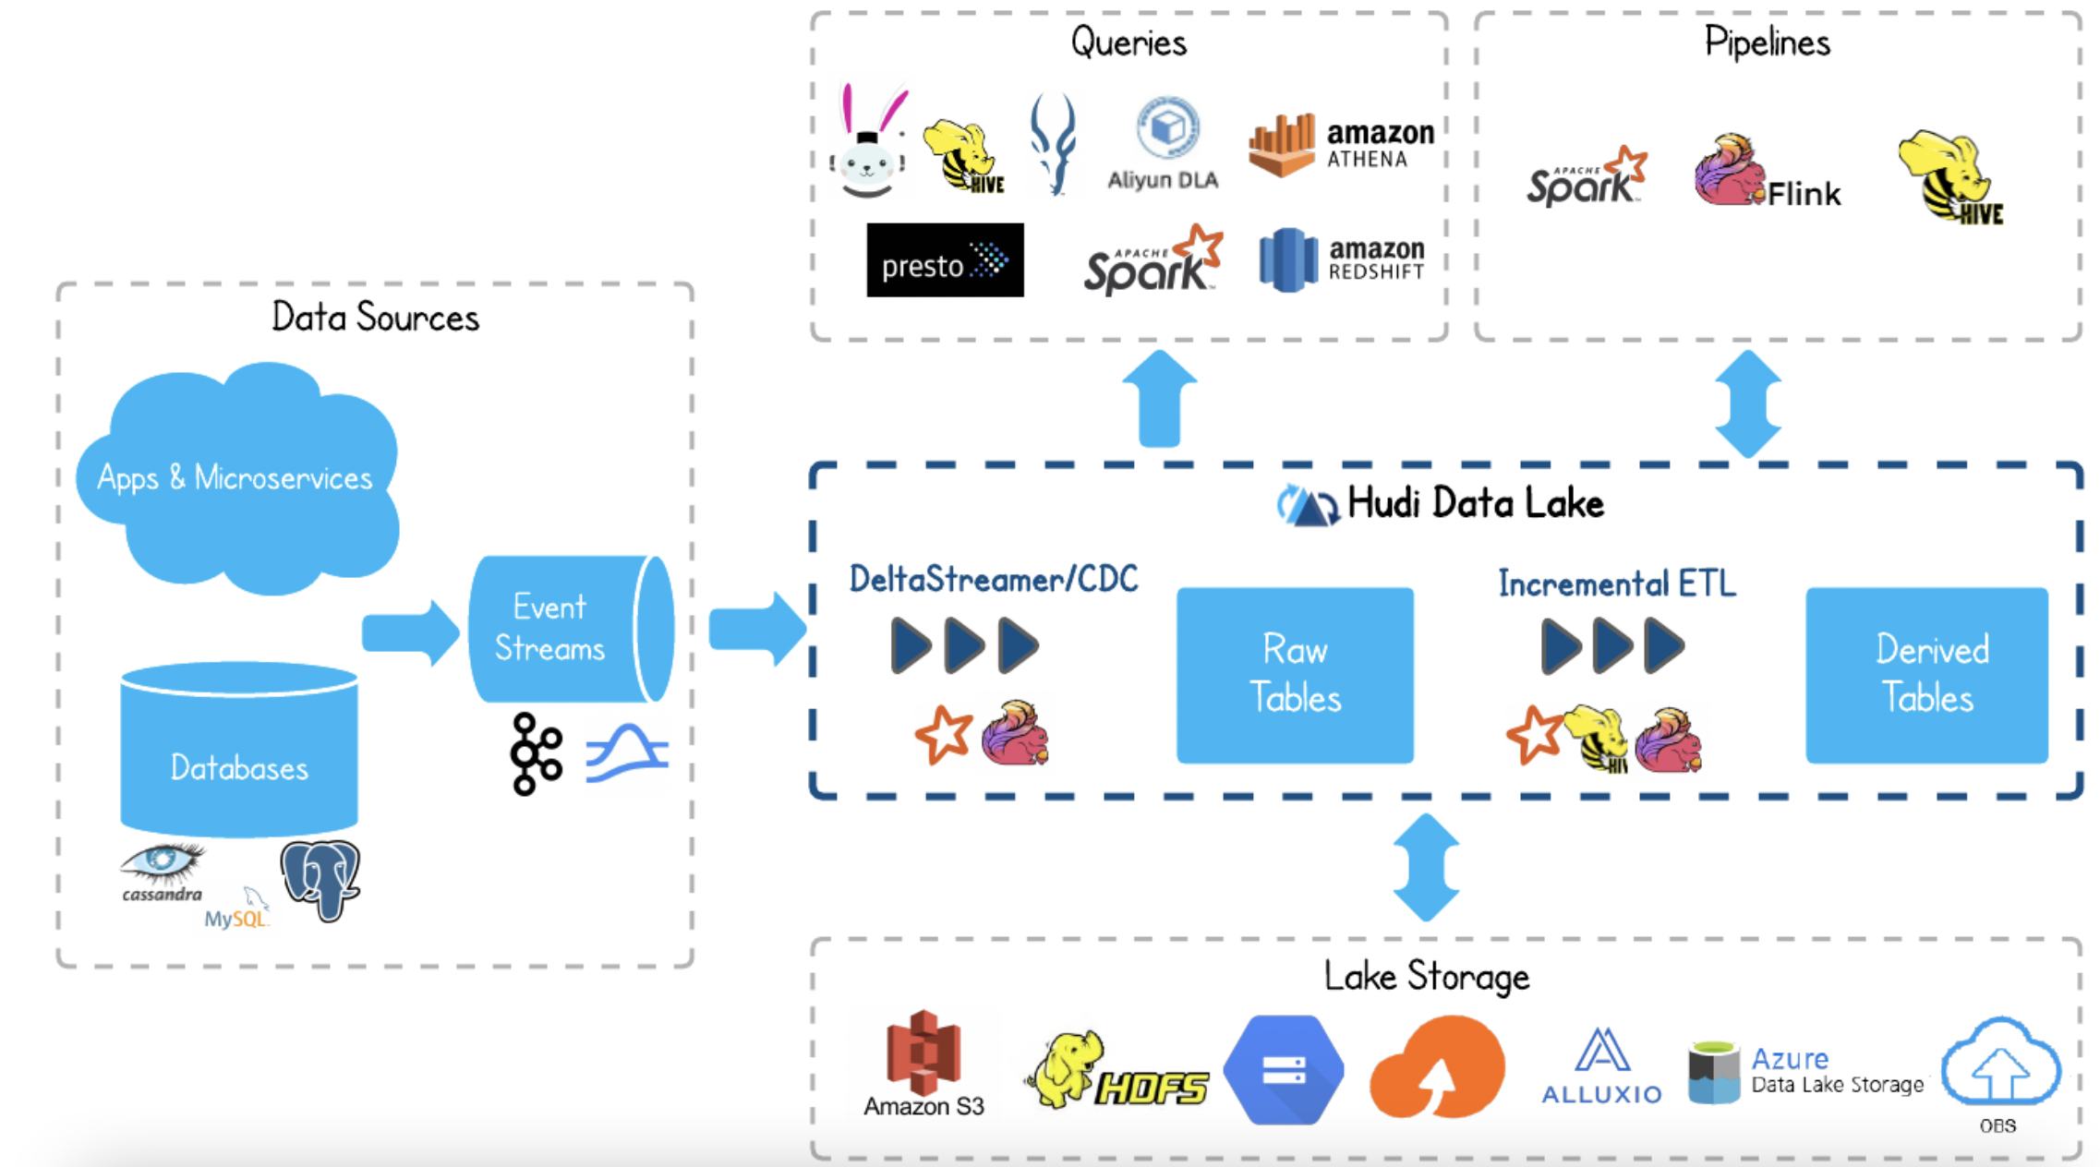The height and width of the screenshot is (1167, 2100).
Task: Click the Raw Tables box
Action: (1294, 675)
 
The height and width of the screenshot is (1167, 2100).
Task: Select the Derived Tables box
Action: (1926, 675)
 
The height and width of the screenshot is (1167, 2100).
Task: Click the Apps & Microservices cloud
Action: (236, 477)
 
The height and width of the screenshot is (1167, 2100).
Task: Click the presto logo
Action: (945, 260)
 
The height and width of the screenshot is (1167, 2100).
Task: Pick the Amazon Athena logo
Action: (1341, 146)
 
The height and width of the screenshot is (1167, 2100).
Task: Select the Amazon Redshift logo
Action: (1341, 260)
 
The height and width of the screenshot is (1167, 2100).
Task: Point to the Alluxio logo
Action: (1601, 1066)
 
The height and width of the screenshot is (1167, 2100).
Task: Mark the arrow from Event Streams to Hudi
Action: (756, 630)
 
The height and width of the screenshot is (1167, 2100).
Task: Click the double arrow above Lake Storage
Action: (1426, 867)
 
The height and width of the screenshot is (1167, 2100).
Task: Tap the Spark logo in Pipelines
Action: (1586, 176)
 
